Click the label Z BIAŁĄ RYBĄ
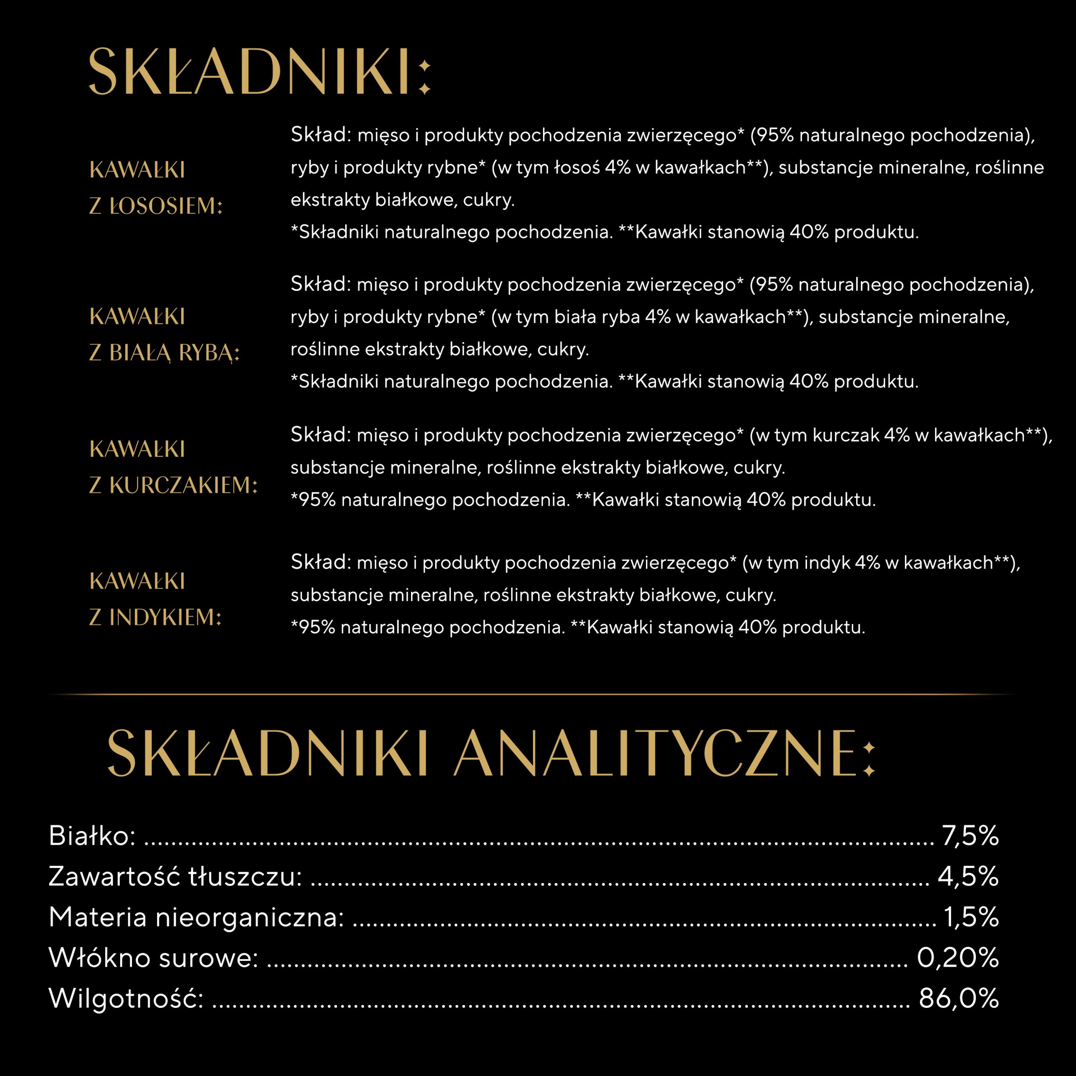(x=164, y=353)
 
